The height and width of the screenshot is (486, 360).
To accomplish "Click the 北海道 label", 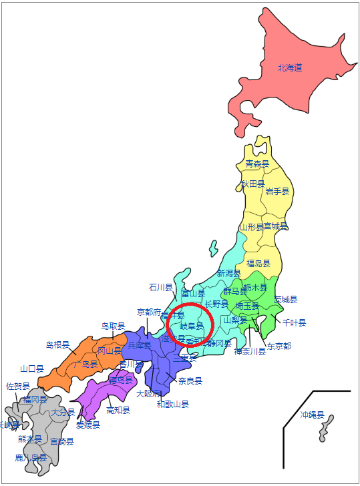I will click(x=291, y=67).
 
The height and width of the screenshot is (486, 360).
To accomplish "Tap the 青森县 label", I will click(x=257, y=164).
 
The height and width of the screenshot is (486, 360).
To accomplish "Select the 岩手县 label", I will click(x=277, y=191).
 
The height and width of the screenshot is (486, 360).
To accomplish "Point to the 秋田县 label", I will click(x=253, y=184).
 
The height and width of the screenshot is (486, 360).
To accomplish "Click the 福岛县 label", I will click(x=258, y=264).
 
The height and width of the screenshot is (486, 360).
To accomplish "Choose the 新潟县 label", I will click(x=229, y=274).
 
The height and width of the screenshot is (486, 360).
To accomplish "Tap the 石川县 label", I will click(x=160, y=287).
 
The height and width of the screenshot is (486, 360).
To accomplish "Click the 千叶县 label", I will click(x=294, y=322).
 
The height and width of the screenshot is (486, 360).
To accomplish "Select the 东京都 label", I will click(x=279, y=346).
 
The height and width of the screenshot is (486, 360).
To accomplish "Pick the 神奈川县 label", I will click(x=250, y=352).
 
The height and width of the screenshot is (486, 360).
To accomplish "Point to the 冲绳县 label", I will click(x=312, y=415).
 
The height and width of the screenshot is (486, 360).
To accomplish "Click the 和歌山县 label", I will click(x=173, y=404).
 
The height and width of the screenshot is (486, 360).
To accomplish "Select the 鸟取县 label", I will click(x=114, y=326).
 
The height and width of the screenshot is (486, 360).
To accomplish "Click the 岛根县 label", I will click(x=57, y=344).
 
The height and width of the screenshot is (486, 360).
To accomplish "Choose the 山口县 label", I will click(x=32, y=369).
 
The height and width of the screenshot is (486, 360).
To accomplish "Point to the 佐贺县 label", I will click(x=18, y=386).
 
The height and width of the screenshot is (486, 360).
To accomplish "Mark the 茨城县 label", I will click(x=285, y=299).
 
